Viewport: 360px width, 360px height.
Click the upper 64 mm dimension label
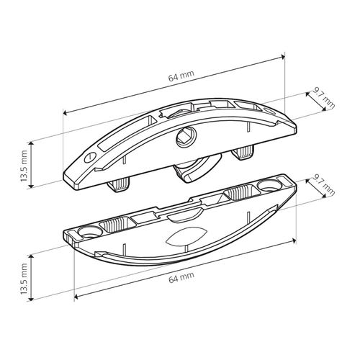[x=181, y=76]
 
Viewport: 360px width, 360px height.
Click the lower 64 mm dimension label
[x=181, y=278]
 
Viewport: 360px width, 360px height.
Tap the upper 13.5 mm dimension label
[x=24, y=166]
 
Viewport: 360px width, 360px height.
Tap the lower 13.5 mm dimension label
[x=24, y=279]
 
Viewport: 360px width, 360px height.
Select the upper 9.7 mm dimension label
[x=323, y=97]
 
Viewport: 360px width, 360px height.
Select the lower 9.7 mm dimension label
[x=323, y=184]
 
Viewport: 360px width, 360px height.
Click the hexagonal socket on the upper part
[x=186, y=138]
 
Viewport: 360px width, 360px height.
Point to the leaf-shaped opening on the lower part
[x=186, y=236]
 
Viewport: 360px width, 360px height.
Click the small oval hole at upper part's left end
[x=90, y=157]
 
